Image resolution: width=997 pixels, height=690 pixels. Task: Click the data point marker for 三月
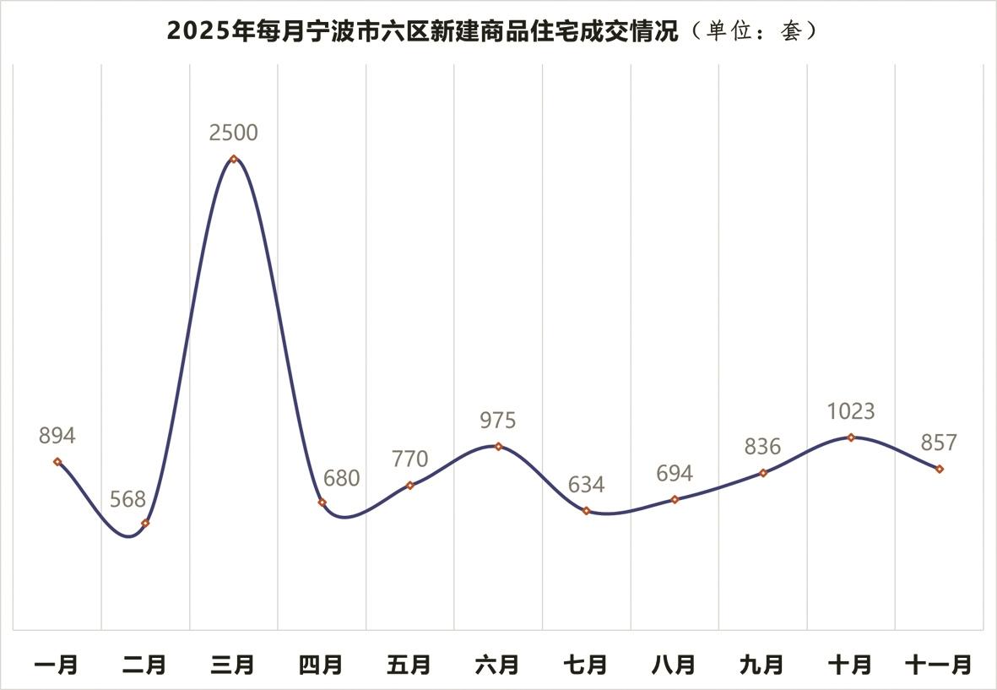[x=234, y=159]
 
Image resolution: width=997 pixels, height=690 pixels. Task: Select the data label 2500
[x=234, y=133]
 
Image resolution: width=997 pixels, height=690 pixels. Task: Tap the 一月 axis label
[x=57, y=666]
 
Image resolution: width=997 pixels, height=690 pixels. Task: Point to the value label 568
[x=128, y=499]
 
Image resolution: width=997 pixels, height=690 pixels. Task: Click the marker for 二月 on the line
[x=145, y=524]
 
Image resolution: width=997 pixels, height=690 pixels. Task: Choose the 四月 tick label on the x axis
[x=321, y=666]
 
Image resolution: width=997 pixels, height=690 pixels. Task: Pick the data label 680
[x=341, y=478]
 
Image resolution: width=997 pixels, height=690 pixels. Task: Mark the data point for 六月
[x=498, y=446]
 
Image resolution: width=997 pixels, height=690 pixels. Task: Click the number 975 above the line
[x=497, y=421]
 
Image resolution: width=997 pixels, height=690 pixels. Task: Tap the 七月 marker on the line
[x=586, y=511]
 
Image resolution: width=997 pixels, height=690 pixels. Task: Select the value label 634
[x=586, y=485]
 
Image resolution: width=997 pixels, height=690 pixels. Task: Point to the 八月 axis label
[x=674, y=666]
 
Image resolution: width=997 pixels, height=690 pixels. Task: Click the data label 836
[x=762, y=447]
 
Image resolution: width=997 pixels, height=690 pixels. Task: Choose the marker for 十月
[x=851, y=437]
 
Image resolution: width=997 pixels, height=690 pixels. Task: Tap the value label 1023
[x=851, y=412]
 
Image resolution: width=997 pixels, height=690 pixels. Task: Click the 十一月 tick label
[x=938, y=666]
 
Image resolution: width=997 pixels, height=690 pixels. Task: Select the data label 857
[x=940, y=443]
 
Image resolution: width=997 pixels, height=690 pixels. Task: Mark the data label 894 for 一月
[x=57, y=437]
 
